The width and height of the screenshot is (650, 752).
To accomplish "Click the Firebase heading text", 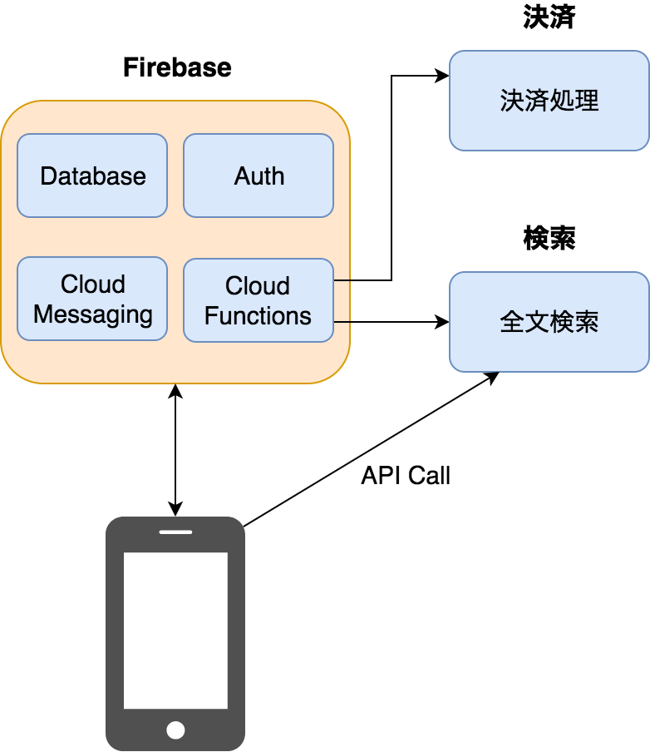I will tap(177, 67).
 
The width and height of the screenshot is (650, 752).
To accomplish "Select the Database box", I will tap(92, 176).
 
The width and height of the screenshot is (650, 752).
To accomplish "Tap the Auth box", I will tap(259, 176).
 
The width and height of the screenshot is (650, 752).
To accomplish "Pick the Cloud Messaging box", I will tap(92, 299).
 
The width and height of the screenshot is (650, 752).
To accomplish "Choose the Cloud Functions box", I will tap(259, 300).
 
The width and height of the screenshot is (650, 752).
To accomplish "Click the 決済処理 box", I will tap(549, 101).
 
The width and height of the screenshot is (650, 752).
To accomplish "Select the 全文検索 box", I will tap(549, 322).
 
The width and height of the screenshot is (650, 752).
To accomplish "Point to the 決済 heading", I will tap(549, 18).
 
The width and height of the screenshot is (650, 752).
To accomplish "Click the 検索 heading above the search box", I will tap(549, 239).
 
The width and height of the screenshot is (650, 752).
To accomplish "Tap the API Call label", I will tap(406, 475).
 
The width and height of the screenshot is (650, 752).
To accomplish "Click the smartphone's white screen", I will tap(175, 630).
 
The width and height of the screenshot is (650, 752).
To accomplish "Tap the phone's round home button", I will tap(175, 730).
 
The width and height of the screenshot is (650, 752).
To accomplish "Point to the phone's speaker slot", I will tap(175, 533).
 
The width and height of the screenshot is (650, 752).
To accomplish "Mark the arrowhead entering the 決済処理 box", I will tap(443, 76).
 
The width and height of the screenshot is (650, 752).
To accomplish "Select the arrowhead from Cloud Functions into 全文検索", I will tap(443, 322).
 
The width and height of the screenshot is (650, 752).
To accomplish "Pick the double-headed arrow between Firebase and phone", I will tap(175, 450).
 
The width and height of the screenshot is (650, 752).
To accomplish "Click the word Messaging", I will tap(93, 315).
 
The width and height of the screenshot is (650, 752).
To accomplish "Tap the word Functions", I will tap(258, 316).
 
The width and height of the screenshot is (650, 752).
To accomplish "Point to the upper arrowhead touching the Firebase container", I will tap(175, 390).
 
